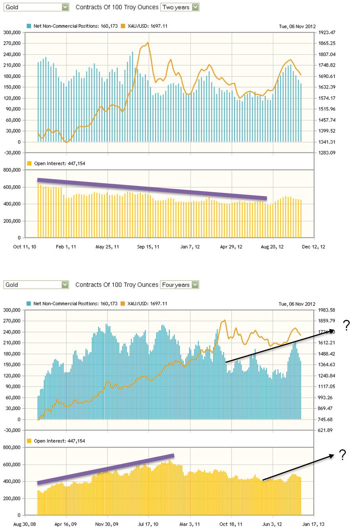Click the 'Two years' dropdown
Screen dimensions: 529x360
(x=180, y=7)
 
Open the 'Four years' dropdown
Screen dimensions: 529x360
(x=180, y=285)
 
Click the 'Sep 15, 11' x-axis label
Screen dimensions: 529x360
(x=148, y=247)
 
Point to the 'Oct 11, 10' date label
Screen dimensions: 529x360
(x=23, y=247)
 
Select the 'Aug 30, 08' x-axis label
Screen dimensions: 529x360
(x=23, y=524)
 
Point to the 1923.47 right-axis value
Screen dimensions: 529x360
(x=327, y=33)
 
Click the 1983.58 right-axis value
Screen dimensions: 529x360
(x=327, y=310)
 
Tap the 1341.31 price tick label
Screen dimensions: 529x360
(x=327, y=142)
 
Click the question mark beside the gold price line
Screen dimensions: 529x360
(x=346, y=326)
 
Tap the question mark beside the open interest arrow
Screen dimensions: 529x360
(x=343, y=455)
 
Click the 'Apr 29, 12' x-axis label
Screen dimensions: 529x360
(x=231, y=247)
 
